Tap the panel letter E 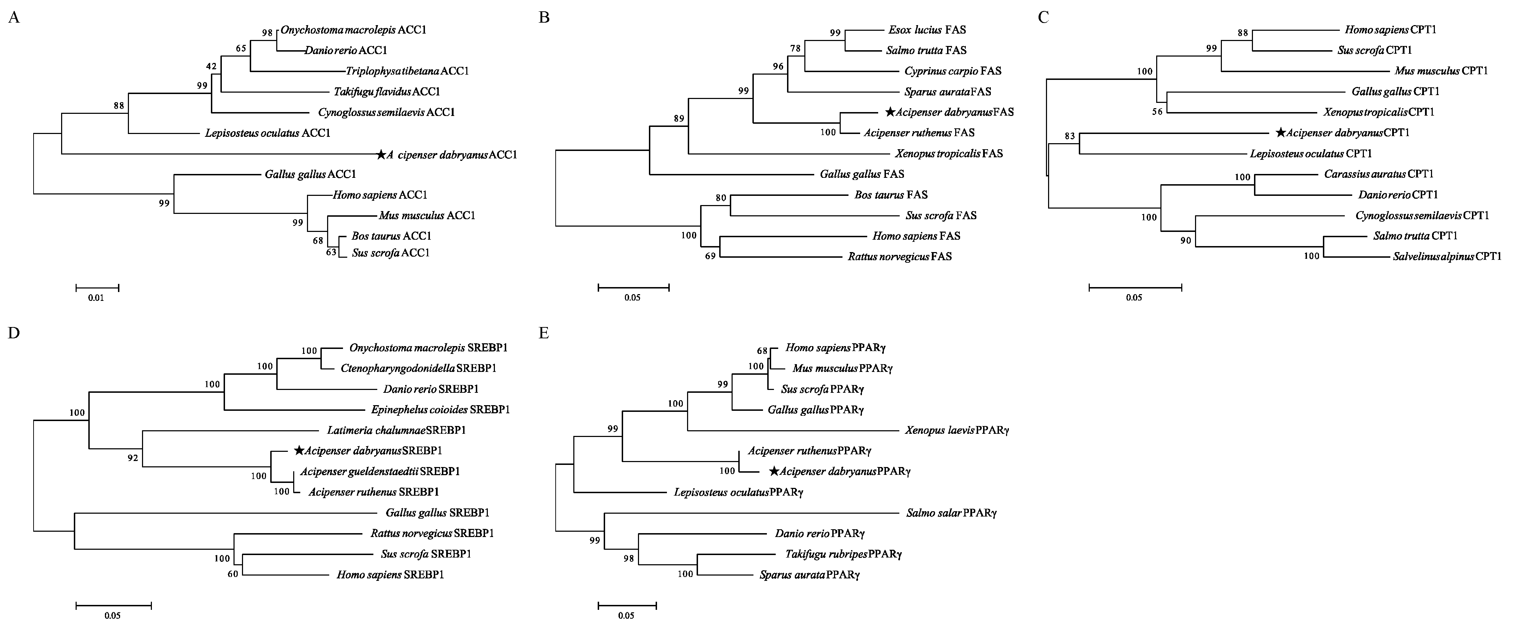tap(544, 333)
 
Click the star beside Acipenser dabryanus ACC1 tap(382, 155)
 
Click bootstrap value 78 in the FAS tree tap(795, 48)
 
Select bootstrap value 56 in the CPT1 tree tap(1157, 112)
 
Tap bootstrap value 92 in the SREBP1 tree tap(133, 457)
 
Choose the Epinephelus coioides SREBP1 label tap(440, 409)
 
